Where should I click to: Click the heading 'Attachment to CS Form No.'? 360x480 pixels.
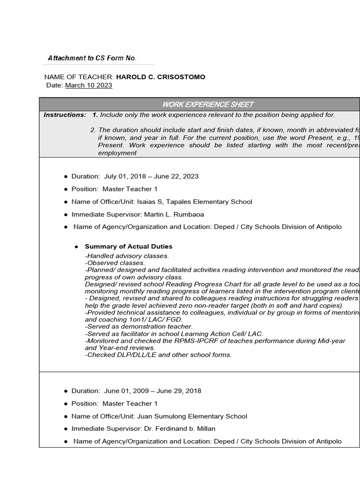click(x=92, y=58)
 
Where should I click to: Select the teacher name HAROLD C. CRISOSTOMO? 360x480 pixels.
click(x=160, y=77)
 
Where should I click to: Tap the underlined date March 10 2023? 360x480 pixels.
click(x=89, y=85)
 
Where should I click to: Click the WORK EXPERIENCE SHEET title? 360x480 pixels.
click(x=208, y=105)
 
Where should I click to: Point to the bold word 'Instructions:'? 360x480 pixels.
click(x=65, y=115)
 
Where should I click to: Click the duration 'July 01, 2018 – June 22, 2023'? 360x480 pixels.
click(x=154, y=176)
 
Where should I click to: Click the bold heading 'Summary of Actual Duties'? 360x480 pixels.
click(x=128, y=247)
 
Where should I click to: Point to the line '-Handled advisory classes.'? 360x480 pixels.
click(x=127, y=256)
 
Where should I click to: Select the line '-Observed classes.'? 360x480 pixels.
click(x=115, y=263)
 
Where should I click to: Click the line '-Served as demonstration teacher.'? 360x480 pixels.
click(x=138, y=326)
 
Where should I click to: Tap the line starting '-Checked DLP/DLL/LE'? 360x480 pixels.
click(x=158, y=355)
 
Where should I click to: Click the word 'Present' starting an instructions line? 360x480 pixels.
click(x=110, y=145)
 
